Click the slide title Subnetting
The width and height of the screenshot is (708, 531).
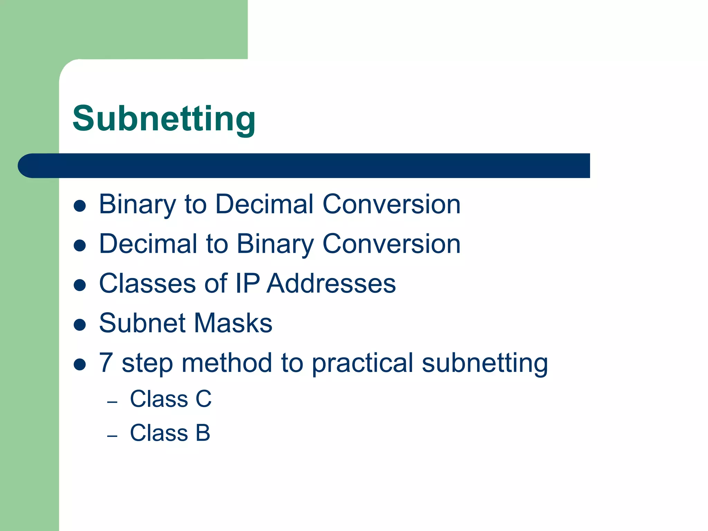point(164,119)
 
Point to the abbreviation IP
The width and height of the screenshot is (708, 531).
point(248,283)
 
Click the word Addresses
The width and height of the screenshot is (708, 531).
point(331,283)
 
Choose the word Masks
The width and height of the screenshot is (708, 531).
point(233,323)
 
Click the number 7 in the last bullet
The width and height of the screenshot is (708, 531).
point(106,363)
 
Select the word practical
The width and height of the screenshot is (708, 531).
point(362,364)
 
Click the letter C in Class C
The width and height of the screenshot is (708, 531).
point(204,399)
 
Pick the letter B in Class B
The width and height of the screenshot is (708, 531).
point(203,433)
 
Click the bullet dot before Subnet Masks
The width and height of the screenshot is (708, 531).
point(80,325)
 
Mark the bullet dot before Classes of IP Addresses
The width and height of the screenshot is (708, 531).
point(80,285)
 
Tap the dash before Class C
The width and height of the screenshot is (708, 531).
point(112,402)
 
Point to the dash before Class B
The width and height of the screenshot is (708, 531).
point(112,436)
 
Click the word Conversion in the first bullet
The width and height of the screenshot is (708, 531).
point(391,205)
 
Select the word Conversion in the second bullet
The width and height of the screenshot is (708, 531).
point(391,244)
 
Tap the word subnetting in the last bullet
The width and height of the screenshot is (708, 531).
point(485,364)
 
